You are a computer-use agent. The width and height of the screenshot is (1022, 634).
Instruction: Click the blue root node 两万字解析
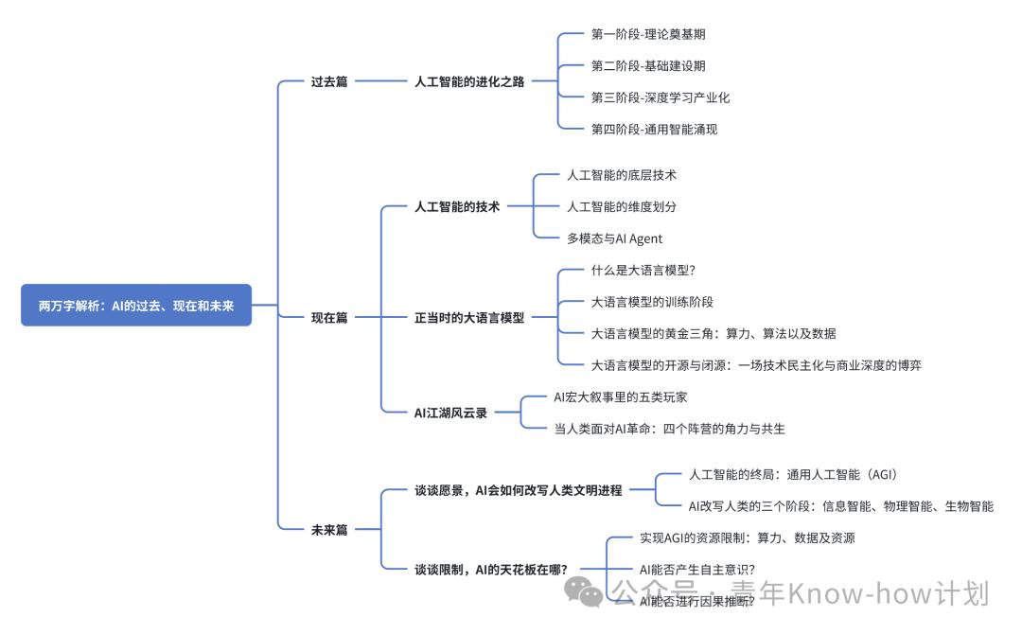point(136,305)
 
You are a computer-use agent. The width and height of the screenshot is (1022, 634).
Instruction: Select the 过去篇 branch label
point(329,81)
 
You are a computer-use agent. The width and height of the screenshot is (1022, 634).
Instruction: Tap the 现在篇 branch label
point(329,318)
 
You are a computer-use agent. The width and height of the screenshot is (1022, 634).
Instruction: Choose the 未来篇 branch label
point(329,530)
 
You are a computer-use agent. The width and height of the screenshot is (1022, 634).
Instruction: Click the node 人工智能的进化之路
point(469,81)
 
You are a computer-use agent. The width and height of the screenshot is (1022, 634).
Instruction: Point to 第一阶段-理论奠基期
point(648,34)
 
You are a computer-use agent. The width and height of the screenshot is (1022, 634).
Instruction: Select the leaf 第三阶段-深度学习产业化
point(661,97)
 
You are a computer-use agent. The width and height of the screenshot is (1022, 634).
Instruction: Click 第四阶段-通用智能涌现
point(654,129)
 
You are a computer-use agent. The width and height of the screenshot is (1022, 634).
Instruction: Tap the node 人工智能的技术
point(457,206)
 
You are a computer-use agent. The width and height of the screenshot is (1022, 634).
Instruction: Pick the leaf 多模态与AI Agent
point(615,238)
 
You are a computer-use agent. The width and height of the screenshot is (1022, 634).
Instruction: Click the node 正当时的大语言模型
point(469,318)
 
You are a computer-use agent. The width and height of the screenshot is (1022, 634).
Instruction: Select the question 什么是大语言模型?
point(643,271)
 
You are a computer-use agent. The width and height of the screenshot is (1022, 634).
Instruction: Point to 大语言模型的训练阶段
point(652,302)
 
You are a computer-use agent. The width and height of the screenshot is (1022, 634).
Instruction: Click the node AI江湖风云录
point(450,413)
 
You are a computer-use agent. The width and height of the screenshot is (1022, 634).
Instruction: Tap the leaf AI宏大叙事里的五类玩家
point(627,396)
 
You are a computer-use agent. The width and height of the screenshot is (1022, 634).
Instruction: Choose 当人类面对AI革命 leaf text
point(669,429)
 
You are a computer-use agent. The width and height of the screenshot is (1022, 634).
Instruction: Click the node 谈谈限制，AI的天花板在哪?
point(491,570)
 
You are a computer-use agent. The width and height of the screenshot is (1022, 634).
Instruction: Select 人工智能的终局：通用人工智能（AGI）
point(792,474)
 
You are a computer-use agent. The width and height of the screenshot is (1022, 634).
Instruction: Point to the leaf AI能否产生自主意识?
point(697,570)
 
